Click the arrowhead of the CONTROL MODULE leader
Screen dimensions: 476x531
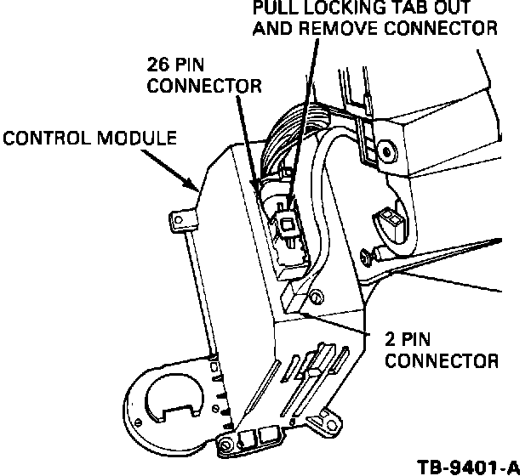click(198, 187)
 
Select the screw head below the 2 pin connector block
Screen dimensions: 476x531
click(317, 298)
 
